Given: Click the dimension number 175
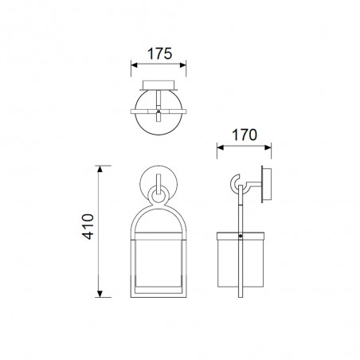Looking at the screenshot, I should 158,56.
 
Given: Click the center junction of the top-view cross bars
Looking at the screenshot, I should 158,105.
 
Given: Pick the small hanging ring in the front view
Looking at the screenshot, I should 158,194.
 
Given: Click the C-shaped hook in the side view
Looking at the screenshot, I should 239,186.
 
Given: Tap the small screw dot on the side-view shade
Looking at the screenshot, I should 240,237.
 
